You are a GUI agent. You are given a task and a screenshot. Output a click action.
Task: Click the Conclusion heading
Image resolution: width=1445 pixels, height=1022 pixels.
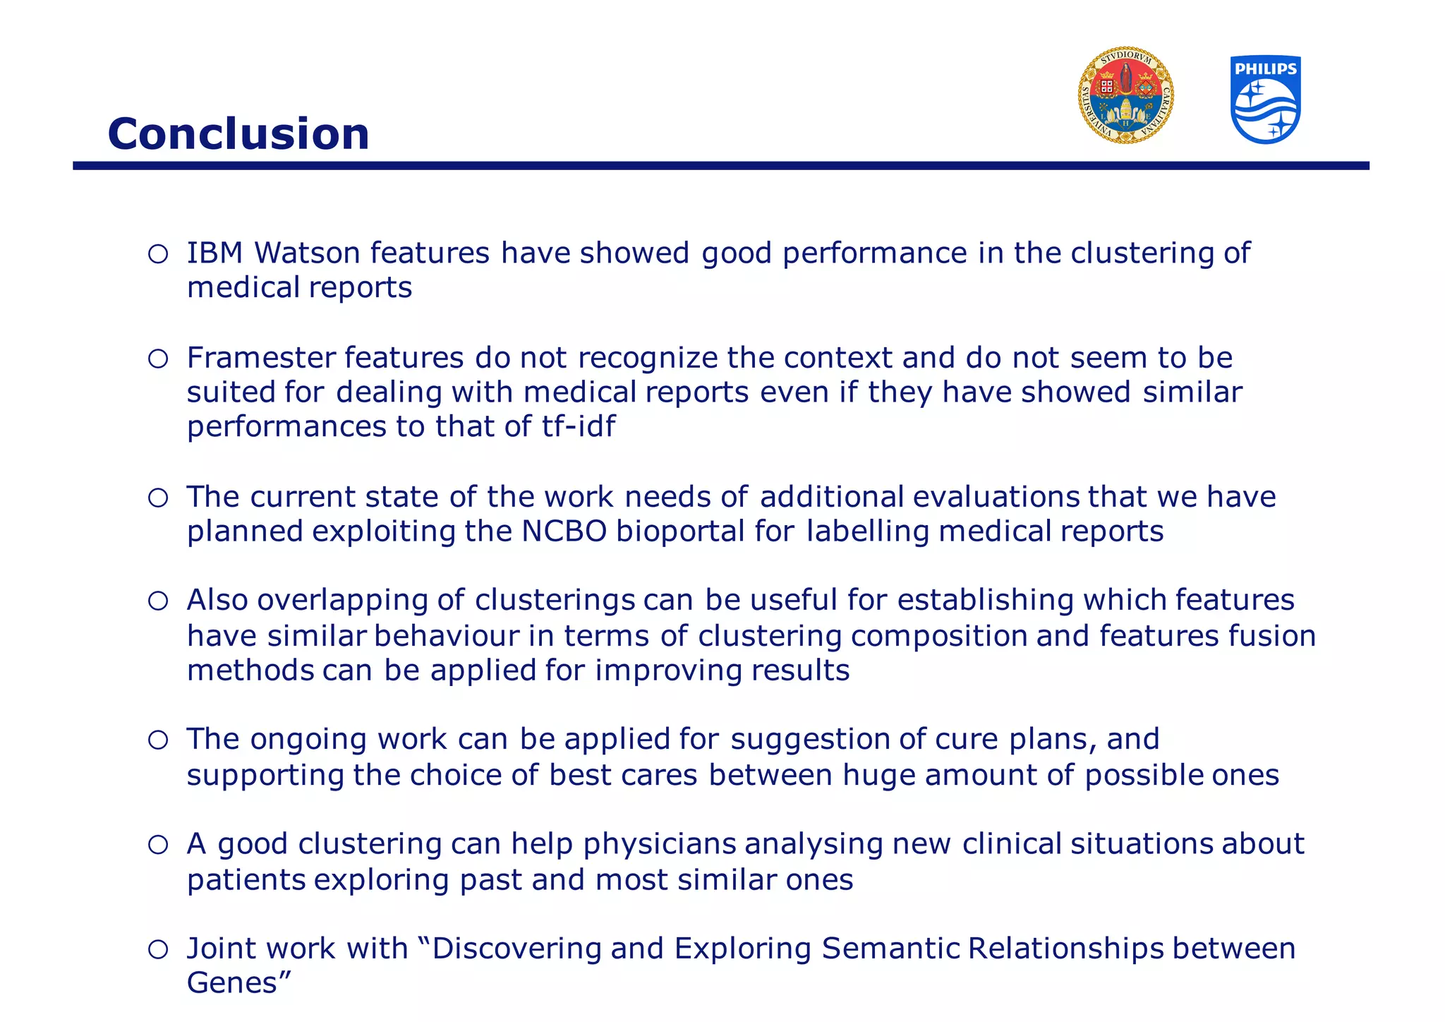(238, 133)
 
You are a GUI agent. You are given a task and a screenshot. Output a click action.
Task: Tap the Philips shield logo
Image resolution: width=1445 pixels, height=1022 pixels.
(1266, 100)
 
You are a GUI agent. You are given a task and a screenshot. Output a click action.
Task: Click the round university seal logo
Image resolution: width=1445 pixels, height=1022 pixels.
(1126, 96)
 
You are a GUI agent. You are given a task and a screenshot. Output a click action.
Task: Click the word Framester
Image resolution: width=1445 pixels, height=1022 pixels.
(260, 358)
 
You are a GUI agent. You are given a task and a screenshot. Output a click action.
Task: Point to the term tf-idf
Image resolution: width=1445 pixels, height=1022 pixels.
(579, 426)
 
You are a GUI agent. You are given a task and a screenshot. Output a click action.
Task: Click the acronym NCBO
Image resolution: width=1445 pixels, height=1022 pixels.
(564, 531)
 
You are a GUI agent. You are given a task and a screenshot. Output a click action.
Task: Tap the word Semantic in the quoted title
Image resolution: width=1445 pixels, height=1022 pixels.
(890, 948)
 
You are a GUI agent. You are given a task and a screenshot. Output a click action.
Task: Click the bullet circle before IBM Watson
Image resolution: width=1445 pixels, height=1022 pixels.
(158, 254)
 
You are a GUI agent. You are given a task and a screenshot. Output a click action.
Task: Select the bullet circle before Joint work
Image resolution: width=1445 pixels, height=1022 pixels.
(158, 949)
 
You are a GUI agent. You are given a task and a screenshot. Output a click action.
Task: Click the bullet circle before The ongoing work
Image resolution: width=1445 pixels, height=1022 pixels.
(158, 740)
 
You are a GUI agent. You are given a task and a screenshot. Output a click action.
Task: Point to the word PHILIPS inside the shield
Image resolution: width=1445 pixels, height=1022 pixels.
(1266, 68)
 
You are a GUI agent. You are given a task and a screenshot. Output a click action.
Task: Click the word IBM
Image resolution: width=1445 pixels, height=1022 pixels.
(214, 253)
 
